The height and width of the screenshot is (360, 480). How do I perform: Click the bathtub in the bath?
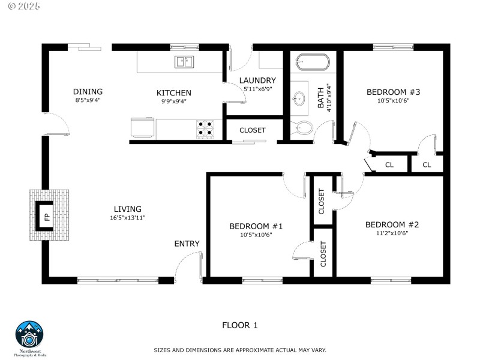(313, 62)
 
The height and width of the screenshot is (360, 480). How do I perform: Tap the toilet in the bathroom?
(304, 127)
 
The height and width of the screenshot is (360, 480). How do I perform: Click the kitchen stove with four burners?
(205, 128)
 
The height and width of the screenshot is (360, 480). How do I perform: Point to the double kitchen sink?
(185, 61)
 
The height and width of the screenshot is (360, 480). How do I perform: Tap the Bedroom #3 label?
(393, 92)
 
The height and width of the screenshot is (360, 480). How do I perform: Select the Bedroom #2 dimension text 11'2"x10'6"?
(392, 233)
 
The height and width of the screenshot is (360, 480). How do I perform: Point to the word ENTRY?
(187, 244)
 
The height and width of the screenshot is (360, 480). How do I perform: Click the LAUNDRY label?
(257, 80)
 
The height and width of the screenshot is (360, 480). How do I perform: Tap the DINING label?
(88, 92)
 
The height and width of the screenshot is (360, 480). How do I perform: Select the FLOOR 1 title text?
(239, 325)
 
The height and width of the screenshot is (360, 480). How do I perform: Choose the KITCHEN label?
(174, 93)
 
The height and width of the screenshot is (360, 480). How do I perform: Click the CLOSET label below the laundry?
(252, 130)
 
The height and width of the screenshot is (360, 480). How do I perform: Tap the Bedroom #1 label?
(256, 226)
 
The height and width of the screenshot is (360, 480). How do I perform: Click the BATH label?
(321, 98)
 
